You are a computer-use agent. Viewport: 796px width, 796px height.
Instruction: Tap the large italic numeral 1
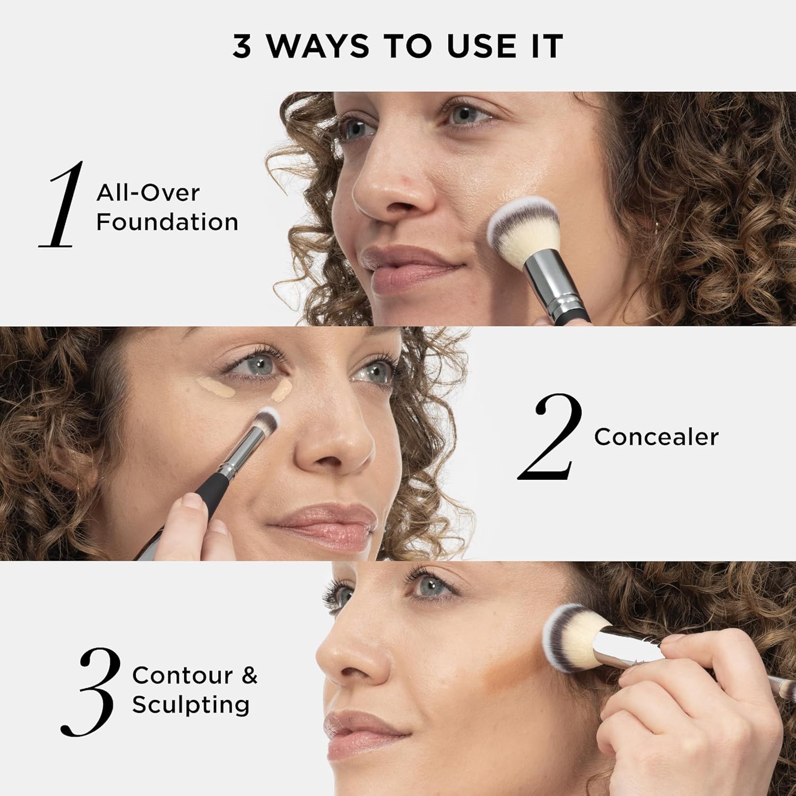point(63,204)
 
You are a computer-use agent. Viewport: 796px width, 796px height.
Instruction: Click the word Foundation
point(167,222)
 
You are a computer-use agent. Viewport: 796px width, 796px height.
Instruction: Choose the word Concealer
point(656,437)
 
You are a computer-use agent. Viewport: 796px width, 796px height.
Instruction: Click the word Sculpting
point(191,705)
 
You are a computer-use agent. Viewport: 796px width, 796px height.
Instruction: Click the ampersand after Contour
point(249,676)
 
